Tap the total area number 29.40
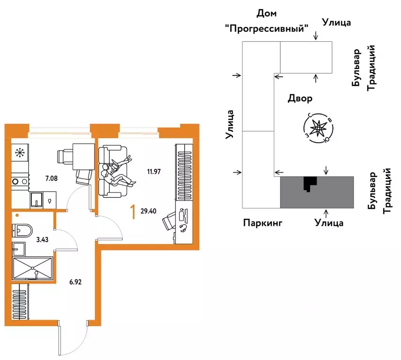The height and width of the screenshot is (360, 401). tap(149, 212)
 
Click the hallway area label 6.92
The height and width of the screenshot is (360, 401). tap(69, 285)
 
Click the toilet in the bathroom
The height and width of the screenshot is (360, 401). tap(22, 230)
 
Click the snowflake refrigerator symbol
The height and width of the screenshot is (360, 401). tap(20, 153)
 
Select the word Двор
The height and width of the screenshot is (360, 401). tap(300, 99)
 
